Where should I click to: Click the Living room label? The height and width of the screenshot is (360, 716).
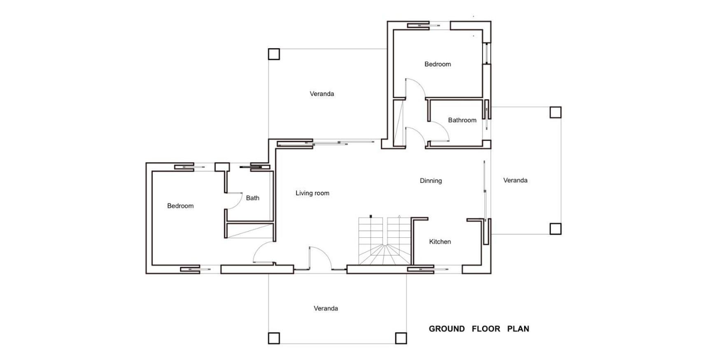pos(312,193)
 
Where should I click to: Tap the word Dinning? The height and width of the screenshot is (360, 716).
pos(431,181)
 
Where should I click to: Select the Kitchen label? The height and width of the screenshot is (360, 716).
pos(440,242)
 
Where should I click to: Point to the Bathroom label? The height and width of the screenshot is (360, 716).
pos(462,120)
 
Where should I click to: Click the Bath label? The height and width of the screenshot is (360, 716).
pos(252,198)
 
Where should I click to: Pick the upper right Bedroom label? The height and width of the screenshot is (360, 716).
pos(437,64)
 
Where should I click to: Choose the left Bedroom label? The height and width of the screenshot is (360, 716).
pos(180,206)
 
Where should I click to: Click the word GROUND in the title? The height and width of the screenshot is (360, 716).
pos(447,329)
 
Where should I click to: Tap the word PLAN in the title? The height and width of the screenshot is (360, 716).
pos(518,329)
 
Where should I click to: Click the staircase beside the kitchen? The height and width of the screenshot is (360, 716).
pos(385,241)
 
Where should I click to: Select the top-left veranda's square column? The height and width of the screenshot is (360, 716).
pos(274,54)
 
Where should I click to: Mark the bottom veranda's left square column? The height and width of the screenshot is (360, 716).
pos(274,338)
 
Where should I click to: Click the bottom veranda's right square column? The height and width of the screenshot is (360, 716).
pos(401,338)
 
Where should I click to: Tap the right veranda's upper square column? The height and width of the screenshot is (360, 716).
pos(555,112)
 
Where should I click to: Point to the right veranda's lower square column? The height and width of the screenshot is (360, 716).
pos(555,229)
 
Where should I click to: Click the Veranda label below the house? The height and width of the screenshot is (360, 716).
pos(326,309)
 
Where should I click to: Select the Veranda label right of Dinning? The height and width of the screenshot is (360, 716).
pos(515,180)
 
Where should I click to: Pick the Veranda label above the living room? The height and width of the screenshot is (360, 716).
pos(322,94)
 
